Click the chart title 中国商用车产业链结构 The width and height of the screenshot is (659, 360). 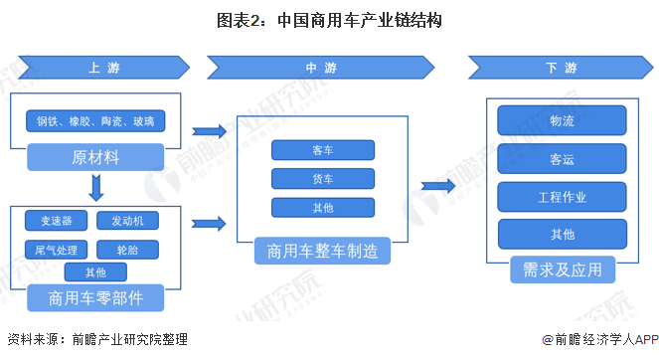tap(329, 19)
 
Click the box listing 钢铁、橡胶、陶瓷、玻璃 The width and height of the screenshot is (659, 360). tap(95, 122)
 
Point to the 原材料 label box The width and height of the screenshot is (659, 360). tap(95, 157)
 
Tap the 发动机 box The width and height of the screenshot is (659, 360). tap(134, 220)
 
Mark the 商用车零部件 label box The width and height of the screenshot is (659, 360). tap(95, 297)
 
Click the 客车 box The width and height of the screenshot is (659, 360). tap(322, 150)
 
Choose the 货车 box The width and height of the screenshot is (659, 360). tap(322, 179)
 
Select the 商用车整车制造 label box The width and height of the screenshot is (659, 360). tap(322, 251)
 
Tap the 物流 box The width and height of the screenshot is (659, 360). tap(562, 120)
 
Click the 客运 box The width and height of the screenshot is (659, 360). tap(562, 158)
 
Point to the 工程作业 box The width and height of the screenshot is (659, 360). tap(562, 196)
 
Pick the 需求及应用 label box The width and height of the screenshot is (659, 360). tap(562, 270)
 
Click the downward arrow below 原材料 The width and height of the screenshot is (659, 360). tap(95, 186)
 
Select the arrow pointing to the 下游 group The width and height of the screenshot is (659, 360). tap(437, 186)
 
